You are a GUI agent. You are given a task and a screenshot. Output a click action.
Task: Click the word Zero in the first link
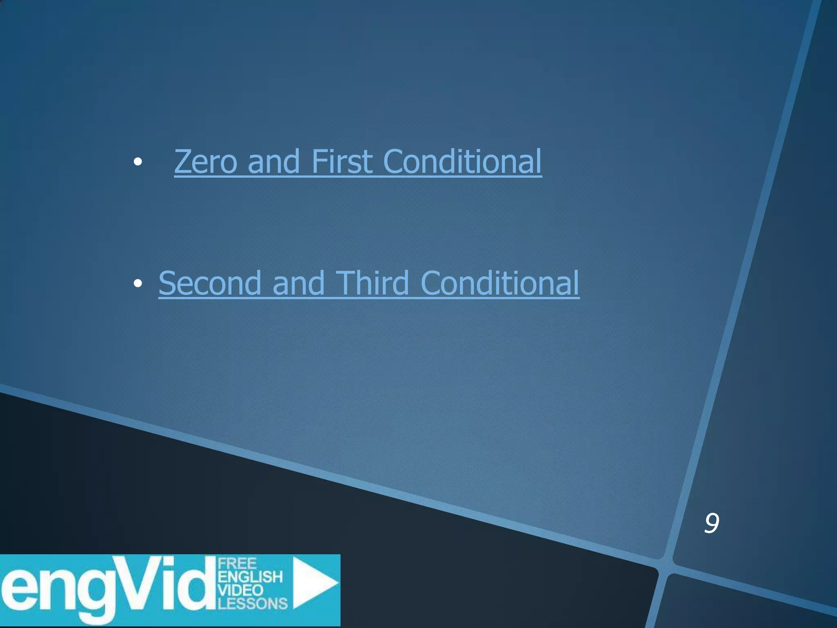click(x=206, y=162)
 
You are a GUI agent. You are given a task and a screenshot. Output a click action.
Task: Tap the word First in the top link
click(x=342, y=162)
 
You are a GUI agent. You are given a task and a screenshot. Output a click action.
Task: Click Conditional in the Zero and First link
click(x=462, y=162)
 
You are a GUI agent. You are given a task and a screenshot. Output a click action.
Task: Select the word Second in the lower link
click(x=210, y=283)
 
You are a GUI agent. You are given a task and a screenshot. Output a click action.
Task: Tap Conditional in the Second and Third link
click(x=499, y=283)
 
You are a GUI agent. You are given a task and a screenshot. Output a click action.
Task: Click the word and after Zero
click(x=273, y=162)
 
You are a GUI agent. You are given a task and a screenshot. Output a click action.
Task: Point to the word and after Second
click(x=298, y=283)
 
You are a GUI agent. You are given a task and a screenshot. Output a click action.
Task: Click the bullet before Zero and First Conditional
click(x=138, y=162)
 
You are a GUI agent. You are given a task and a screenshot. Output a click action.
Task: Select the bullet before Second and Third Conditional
click(x=138, y=283)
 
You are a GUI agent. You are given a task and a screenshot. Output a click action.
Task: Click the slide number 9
click(x=711, y=523)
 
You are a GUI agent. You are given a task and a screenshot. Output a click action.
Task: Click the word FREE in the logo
click(x=237, y=564)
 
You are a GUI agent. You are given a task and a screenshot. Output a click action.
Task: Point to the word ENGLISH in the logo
click(x=250, y=577)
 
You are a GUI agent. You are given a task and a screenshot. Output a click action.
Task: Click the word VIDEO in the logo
click(x=240, y=590)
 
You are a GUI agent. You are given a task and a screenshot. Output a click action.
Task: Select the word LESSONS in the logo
click(x=253, y=603)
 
